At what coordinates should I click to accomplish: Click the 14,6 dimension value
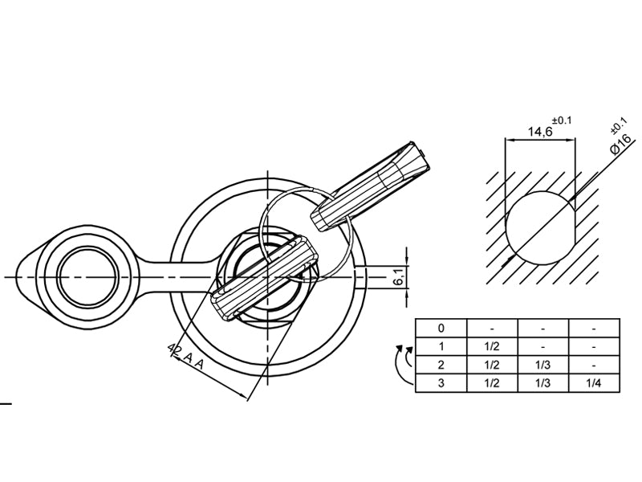pos(540,132)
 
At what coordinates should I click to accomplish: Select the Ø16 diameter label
pos(620,144)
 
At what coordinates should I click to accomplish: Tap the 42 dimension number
pos(175,349)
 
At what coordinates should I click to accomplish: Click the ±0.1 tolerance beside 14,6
pos(562,120)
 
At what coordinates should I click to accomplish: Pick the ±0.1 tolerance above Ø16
pos(619,125)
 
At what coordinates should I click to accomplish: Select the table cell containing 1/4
pos(594,384)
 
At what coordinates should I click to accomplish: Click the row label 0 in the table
pos(441,328)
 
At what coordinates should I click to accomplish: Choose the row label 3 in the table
pos(441,383)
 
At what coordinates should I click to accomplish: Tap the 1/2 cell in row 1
pos(492,346)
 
